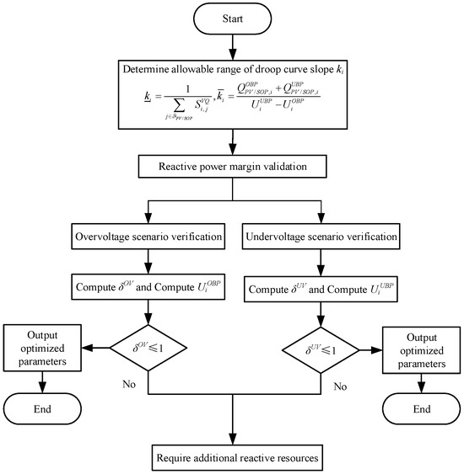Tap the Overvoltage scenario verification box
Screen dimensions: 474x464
tap(148, 237)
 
